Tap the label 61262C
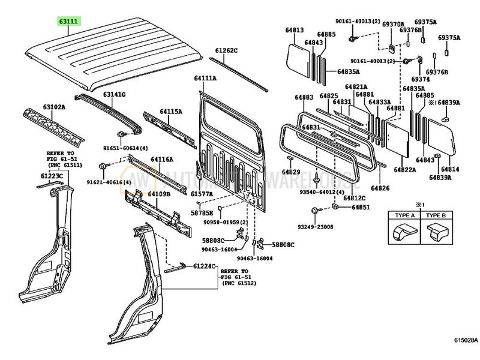tap(227, 50)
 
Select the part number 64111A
tap(205, 79)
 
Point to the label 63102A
tap(53, 107)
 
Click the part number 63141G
tap(113, 94)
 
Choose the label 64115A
tap(170, 112)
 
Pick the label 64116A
tap(161, 159)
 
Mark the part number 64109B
tap(159, 194)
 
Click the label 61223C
tap(52, 175)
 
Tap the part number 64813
tap(295, 29)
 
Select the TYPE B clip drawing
tap(436, 230)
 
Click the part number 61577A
tap(202, 194)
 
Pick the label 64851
tap(361, 207)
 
